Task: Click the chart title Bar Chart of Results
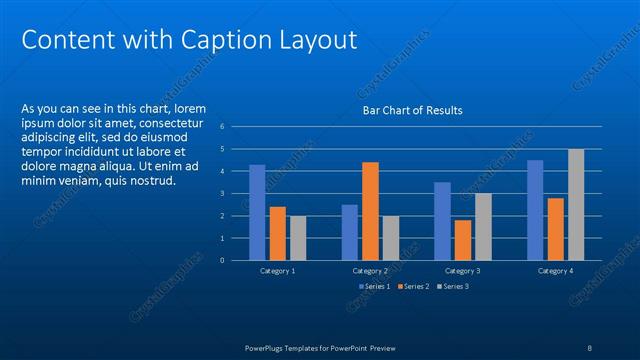tap(412, 110)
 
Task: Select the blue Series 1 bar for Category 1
tap(257, 212)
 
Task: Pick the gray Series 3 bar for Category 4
tap(576, 204)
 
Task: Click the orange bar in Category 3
tap(463, 239)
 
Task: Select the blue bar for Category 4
tap(535, 209)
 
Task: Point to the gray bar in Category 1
tap(298, 237)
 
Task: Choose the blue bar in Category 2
tap(349, 231)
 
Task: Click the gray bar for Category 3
tap(483, 226)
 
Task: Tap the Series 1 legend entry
tap(375, 287)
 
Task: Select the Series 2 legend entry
tap(413, 287)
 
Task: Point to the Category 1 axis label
tap(277, 271)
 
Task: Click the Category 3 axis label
tap(463, 271)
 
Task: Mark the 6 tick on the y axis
tap(236, 127)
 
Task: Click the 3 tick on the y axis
tap(236, 193)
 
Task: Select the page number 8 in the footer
tap(589, 347)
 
